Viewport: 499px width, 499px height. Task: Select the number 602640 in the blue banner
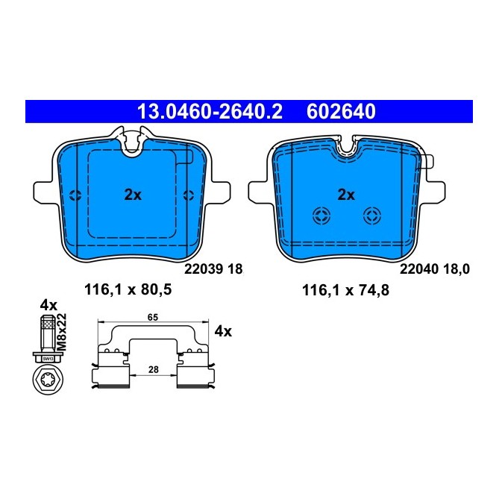click(341, 112)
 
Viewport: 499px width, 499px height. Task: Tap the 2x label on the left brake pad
click(132, 195)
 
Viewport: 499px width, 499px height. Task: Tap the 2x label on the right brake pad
click(345, 195)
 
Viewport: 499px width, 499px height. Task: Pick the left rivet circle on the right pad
click(321, 216)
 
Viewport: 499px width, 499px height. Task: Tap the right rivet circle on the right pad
click(371, 216)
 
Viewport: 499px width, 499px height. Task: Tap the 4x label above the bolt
click(48, 305)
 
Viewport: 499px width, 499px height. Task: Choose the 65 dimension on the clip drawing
click(152, 318)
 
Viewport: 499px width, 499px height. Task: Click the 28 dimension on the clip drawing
click(152, 369)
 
